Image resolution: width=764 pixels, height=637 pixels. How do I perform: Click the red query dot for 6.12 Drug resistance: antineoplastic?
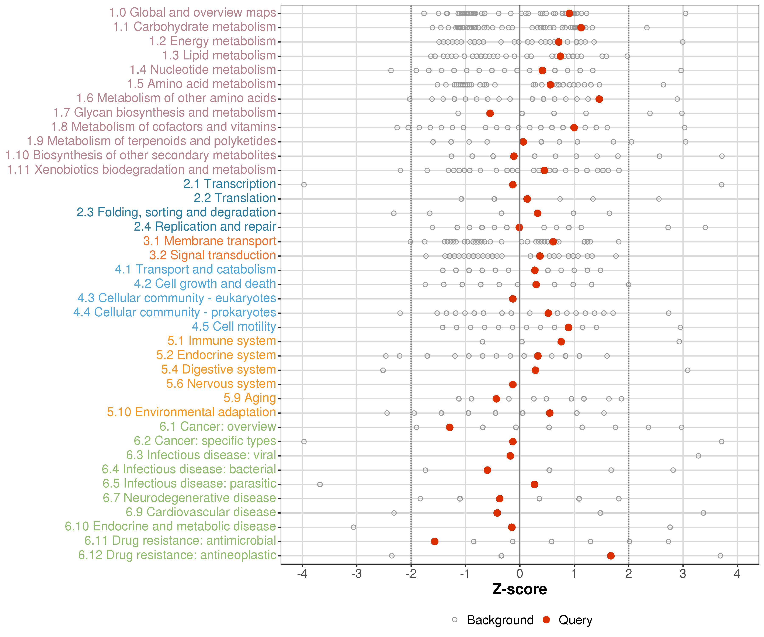[611, 556]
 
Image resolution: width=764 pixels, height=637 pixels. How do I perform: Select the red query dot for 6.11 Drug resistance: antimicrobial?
[434, 542]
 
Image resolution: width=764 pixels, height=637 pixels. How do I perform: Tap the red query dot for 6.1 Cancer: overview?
[450, 427]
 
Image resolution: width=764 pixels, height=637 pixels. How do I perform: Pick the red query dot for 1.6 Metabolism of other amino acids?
[599, 99]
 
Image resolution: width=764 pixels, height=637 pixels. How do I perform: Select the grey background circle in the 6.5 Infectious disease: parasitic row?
[320, 485]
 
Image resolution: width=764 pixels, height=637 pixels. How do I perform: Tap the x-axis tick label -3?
[357, 574]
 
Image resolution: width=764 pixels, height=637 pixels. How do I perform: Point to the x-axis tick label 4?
[737, 574]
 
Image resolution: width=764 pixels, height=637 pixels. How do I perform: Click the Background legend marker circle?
[455, 620]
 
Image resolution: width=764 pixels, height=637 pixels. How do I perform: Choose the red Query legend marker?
[546, 620]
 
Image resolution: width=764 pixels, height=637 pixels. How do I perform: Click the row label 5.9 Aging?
[250, 398]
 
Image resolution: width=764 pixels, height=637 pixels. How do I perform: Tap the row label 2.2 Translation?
[235, 198]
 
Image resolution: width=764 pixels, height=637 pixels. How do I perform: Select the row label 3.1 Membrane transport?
[209, 241]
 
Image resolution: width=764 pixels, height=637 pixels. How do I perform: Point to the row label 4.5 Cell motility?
[234, 327]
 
